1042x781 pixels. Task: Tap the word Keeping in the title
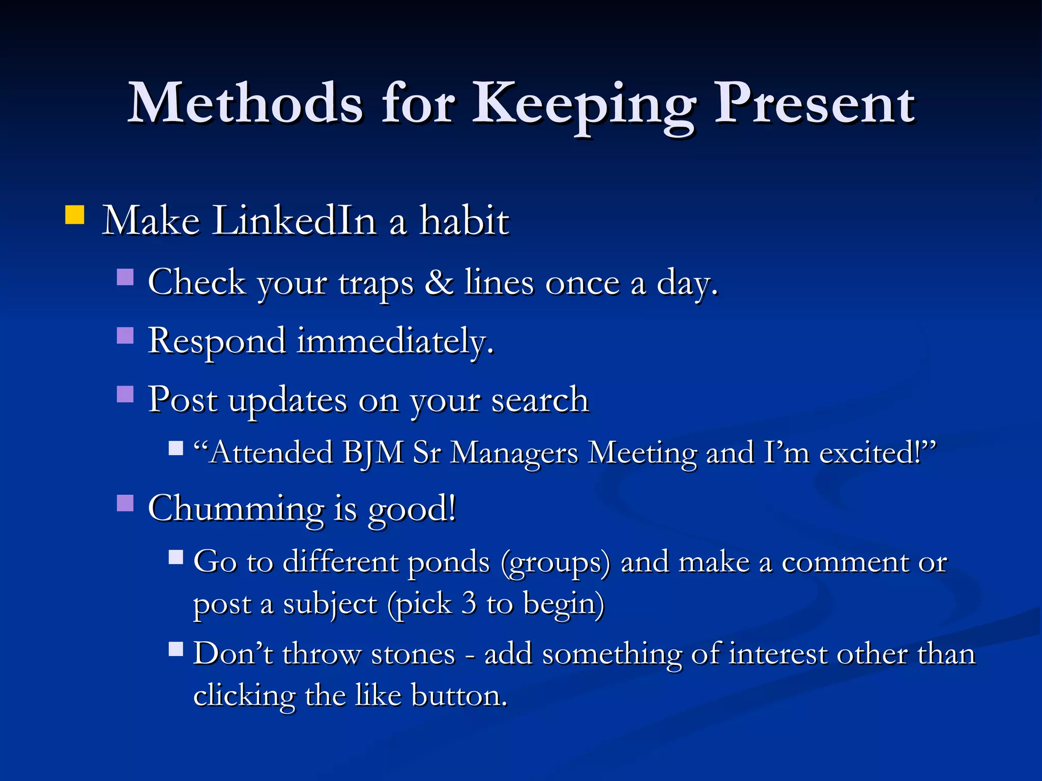coord(584,104)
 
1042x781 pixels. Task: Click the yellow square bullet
coord(75,215)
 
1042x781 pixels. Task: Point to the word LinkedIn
coord(294,221)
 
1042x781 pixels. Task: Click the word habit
coord(464,221)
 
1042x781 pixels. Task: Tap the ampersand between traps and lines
coord(439,282)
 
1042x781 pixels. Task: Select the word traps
coord(376,284)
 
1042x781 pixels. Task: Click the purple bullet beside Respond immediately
coord(125,336)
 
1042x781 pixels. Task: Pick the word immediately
coord(395,341)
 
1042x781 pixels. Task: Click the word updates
coord(287,401)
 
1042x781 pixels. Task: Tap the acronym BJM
coord(373,453)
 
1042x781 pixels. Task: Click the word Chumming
coord(236,508)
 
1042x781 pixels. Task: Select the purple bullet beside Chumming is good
coord(125,503)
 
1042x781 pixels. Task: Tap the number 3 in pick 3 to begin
coord(469,604)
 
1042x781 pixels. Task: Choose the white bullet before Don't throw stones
coord(176,649)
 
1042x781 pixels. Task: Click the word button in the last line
coord(459,696)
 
